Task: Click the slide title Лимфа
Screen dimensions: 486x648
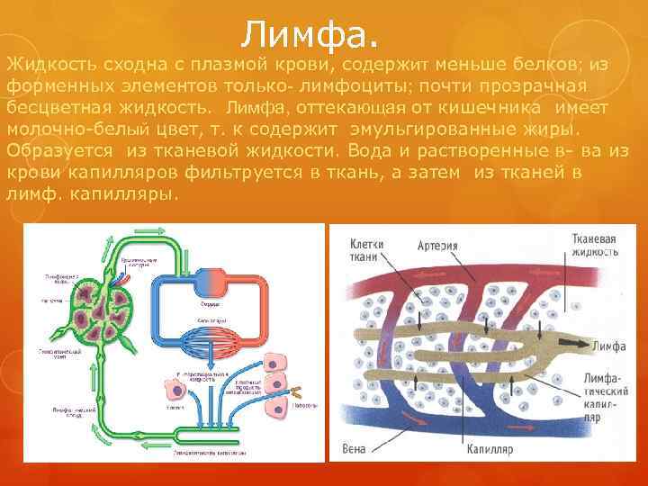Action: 310,35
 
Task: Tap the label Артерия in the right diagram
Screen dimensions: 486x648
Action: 436,245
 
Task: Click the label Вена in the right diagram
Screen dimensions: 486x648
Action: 355,447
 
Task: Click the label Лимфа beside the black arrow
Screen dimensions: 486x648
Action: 607,345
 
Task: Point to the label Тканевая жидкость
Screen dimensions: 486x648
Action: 593,246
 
